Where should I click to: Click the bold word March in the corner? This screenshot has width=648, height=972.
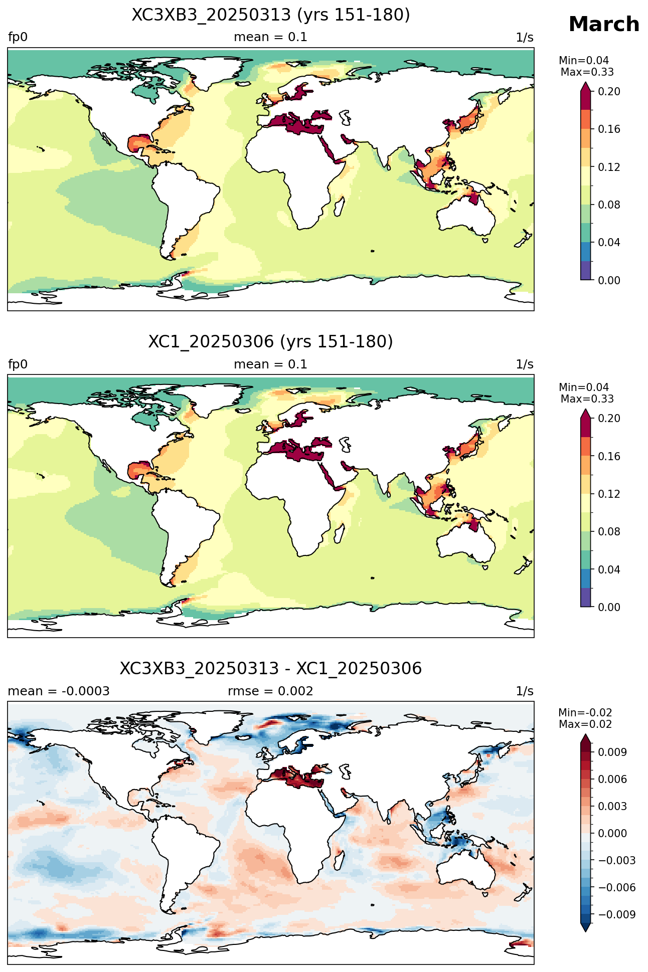604,24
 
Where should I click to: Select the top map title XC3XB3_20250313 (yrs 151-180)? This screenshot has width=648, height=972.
271,15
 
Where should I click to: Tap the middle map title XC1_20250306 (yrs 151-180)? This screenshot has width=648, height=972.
271,342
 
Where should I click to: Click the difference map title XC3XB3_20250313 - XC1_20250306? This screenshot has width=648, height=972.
271,669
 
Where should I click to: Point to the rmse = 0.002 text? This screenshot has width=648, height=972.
270,691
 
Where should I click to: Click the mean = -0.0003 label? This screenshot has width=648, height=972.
59,691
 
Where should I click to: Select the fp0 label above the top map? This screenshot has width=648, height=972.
18,38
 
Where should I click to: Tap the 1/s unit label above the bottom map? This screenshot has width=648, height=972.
525,691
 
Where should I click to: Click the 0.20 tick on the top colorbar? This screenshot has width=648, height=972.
609,91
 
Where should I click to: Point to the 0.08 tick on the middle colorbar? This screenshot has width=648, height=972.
609,532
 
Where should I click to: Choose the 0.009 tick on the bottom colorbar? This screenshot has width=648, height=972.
612,752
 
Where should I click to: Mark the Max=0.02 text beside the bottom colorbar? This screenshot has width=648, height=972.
585,724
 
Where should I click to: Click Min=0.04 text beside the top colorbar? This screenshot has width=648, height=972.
584,61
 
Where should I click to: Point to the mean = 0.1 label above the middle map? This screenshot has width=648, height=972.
270,364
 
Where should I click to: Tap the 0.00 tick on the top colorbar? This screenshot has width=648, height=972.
609,280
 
